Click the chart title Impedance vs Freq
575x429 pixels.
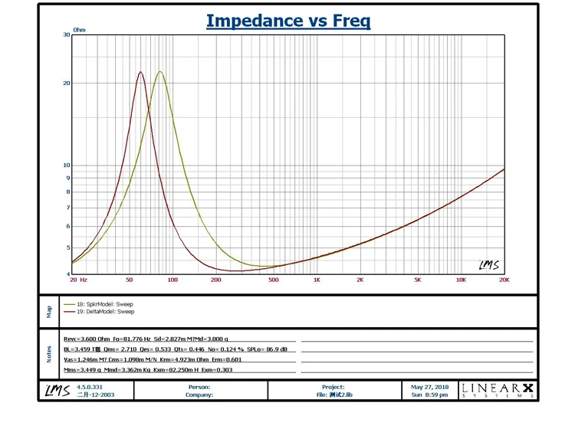(x=287, y=21)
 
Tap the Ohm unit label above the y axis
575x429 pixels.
(x=79, y=31)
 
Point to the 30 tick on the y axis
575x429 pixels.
(x=65, y=35)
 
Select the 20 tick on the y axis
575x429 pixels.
(x=65, y=84)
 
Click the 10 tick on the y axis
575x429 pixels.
(x=65, y=165)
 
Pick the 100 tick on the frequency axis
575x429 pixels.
(x=172, y=280)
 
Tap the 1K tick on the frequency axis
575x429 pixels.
(x=317, y=280)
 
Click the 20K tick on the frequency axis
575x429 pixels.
(x=504, y=280)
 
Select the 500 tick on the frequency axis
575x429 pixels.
(x=273, y=280)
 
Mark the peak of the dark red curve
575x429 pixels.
(x=141, y=72)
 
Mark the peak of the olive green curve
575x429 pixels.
(x=159, y=72)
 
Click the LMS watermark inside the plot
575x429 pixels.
(x=488, y=265)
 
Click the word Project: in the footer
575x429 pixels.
(x=333, y=388)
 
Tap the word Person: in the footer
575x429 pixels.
(x=199, y=388)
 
